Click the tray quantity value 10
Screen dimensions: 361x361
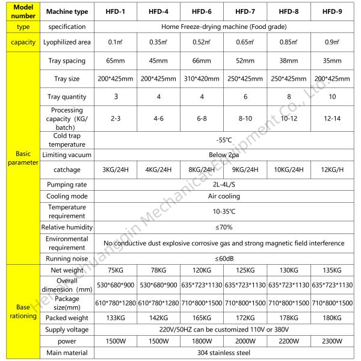(x=332, y=97)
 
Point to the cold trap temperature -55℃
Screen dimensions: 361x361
(x=223, y=140)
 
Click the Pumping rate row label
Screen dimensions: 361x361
(x=67, y=185)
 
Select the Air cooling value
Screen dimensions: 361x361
(x=223, y=196)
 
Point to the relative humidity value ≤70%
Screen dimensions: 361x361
(x=223, y=227)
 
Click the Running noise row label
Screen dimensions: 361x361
(x=67, y=259)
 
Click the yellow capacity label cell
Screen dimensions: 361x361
(x=19, y=43)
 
